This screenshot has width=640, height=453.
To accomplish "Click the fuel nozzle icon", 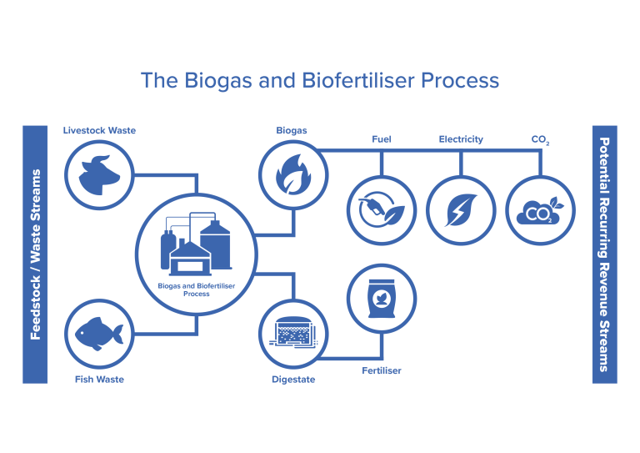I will coord(381,209).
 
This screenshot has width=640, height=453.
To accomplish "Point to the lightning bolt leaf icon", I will coord(461,209).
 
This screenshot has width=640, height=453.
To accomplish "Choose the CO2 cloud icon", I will coord(541,209).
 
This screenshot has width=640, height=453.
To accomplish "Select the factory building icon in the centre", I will coord(196,245).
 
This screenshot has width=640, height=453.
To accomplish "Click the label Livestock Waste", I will coord(99,130).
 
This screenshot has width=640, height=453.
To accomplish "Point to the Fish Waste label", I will coord(99,380).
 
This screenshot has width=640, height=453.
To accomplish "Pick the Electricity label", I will coord(461,139).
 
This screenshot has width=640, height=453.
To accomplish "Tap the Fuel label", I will coord(382,139).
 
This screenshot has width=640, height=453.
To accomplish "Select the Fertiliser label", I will coord(382,370).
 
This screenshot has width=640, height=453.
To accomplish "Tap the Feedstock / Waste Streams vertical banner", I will coord(35,254).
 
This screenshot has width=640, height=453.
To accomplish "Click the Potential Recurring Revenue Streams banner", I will coord(604,254).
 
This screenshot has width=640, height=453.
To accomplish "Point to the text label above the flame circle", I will coord(292,130).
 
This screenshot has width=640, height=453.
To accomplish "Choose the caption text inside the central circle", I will coord(196,289).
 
